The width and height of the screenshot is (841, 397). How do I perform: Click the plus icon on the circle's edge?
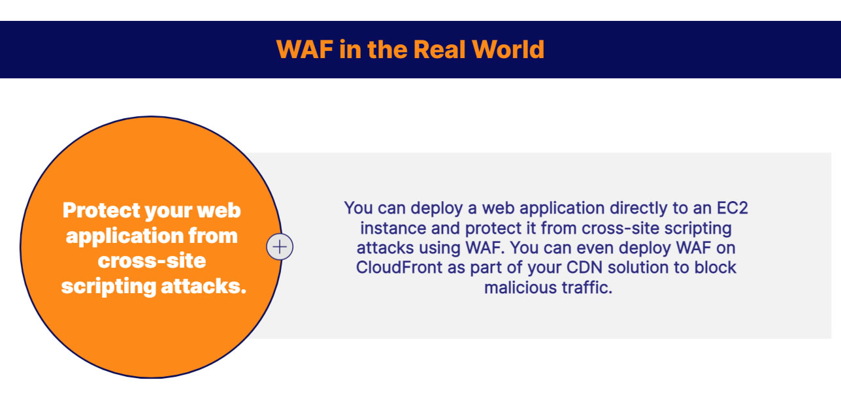pos(280,247)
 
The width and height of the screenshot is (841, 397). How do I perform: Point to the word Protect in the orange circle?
pos(101,211)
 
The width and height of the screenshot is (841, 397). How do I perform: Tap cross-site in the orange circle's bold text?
pos(152,261)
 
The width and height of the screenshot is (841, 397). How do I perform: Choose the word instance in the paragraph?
pos(388,229)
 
